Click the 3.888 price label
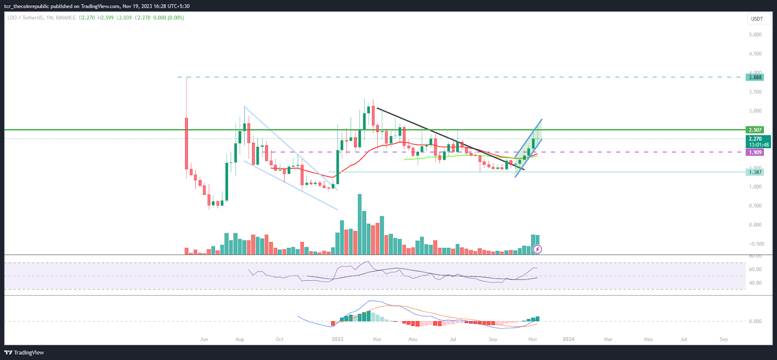click(755, 77)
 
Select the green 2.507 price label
click(755, 130)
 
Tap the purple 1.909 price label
click(755, 152)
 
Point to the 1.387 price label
click(755, 172)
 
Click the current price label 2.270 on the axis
click(755, 139)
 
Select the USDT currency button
click(757, 19)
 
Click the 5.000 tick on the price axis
click(755, 34)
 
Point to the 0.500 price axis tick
click(755, 206)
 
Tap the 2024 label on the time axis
click(568, 339)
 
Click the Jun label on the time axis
click(204, 339)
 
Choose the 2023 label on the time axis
click(337, 339)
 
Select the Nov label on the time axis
click(533, 339)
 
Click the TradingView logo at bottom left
click(24, 353)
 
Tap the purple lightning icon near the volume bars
click(537, 249)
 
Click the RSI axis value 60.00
click(755, 269)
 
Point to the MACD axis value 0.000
click(755, 321)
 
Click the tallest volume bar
click(359, 224)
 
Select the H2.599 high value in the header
click(105, 17)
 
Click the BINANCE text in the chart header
click(66, 17)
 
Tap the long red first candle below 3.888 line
click(186, 143)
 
